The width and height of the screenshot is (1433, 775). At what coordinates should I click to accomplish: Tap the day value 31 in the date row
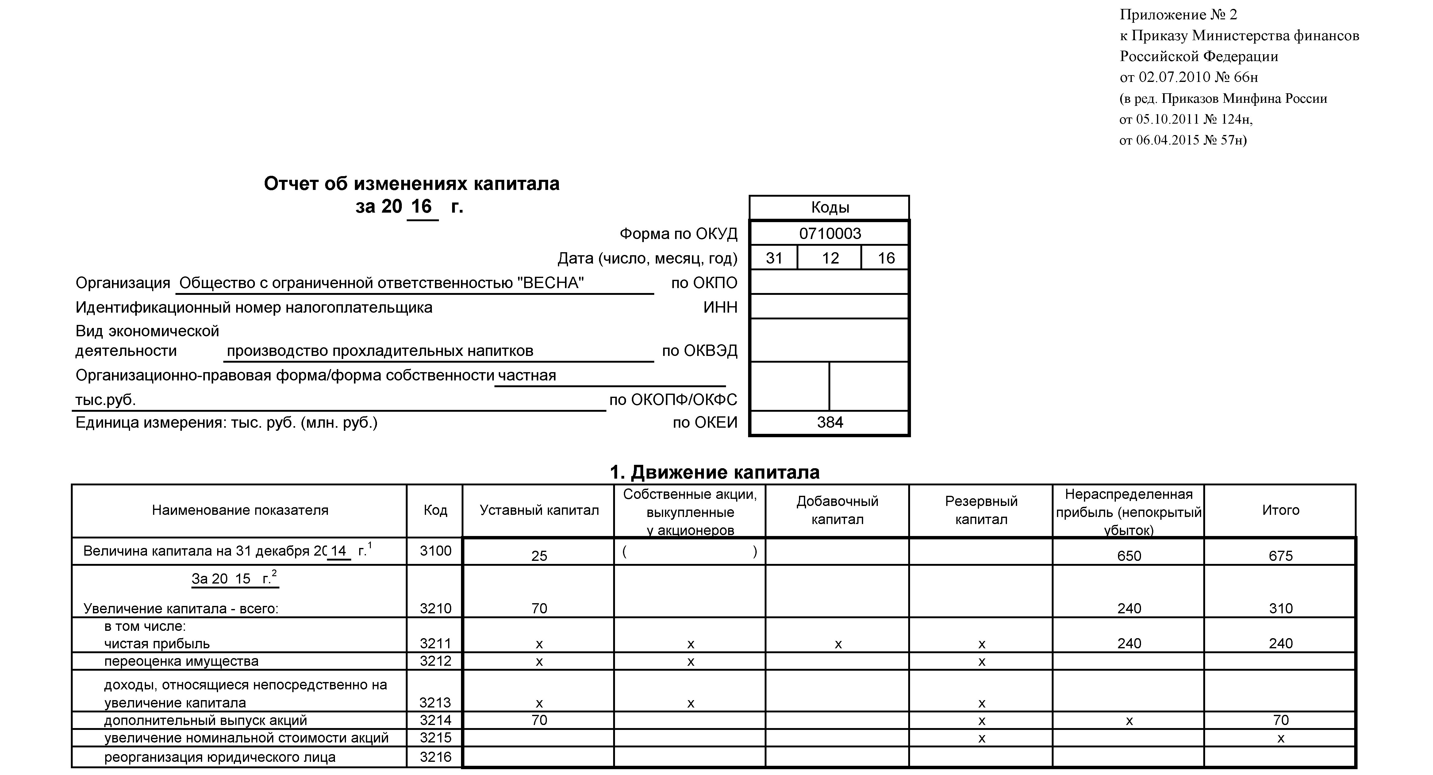point(774,258)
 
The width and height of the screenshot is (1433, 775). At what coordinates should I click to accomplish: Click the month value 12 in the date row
point(830,258)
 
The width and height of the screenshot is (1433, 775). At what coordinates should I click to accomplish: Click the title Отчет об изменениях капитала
point(412,183)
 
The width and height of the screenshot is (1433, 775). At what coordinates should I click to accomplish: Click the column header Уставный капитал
point(539,510)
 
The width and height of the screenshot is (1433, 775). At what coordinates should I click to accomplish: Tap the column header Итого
point(1281,510)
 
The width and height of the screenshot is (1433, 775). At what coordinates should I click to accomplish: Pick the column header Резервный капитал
point(981,510)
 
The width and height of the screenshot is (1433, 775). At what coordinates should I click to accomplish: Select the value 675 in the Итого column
point(1281,556)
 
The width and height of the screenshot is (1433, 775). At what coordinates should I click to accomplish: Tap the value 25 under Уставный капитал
point(539,556)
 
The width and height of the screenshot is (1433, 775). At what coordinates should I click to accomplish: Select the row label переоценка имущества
point(181,661)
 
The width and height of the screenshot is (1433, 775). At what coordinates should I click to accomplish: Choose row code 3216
point(436,757)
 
